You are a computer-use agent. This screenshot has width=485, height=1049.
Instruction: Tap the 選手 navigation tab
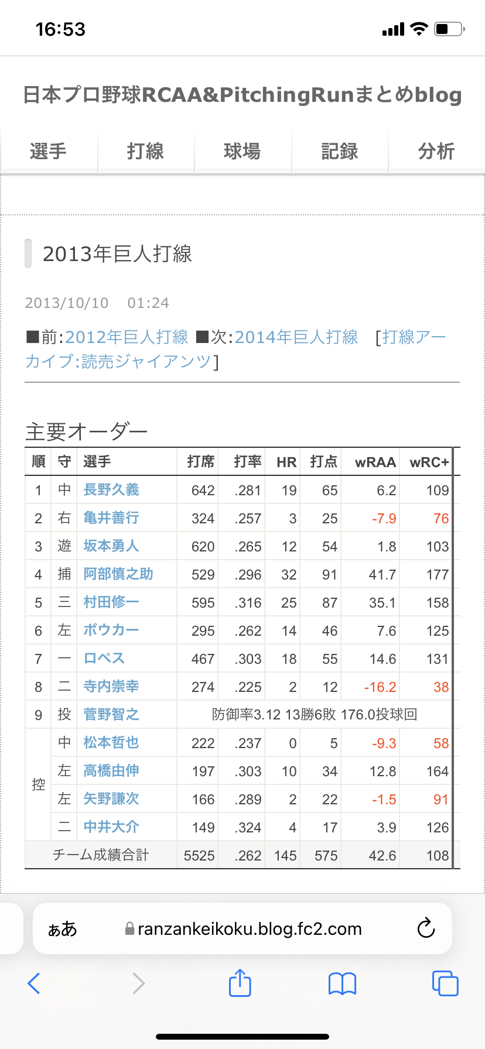pyautogui.click(x=48, y=152)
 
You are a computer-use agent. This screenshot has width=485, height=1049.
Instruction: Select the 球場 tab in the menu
pyautogui.click(x=242, y=152)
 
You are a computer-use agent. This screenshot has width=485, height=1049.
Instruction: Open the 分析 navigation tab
pyautogui.click(x=436, y=152)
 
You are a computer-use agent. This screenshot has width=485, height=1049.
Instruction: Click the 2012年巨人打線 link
pyautogui.click(x=127, y=337)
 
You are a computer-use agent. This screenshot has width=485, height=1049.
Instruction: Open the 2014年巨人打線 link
pyautogui.click(x=296, y=337)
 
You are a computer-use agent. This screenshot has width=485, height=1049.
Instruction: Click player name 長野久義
pyautogui.click(x=111, y=490)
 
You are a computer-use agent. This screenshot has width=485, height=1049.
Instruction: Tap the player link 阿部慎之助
pyautogui.click(x=118, y=574)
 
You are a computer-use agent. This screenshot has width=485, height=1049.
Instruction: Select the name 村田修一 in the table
pyautogui.click(x=111, y=602)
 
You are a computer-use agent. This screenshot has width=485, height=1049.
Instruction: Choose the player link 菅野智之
pyautogui.click(x=111, y=715)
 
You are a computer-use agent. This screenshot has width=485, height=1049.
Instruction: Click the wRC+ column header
pyautogui.click(x=429, y=462)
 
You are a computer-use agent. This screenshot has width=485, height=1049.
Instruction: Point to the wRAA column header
pyautogui.click(x=375, y=462)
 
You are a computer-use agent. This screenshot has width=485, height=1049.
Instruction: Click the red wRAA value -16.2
pyautogui.click(x=380, y=687)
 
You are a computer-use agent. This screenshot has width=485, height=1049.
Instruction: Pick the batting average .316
pyautogui.click(x=248, y=603)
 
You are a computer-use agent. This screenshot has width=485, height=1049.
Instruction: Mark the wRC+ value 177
pyautogui.click(x=438, y=575)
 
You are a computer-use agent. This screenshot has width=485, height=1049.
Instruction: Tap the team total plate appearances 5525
pyautogui.click(x=199, y=856)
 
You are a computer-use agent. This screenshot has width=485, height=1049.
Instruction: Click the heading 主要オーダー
pyautogui.click(x=87, y=432)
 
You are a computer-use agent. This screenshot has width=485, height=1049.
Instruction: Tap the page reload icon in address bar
pyautogui.click(x=426, y=928)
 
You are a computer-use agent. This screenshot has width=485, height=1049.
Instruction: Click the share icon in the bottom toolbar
pyautogui.click(x=240, y=983)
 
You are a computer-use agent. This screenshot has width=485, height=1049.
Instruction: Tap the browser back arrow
pyautogui.click(x=34, y=983)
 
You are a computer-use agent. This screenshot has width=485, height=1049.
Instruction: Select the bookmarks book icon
pyautogui.click(x=342, y=983)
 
